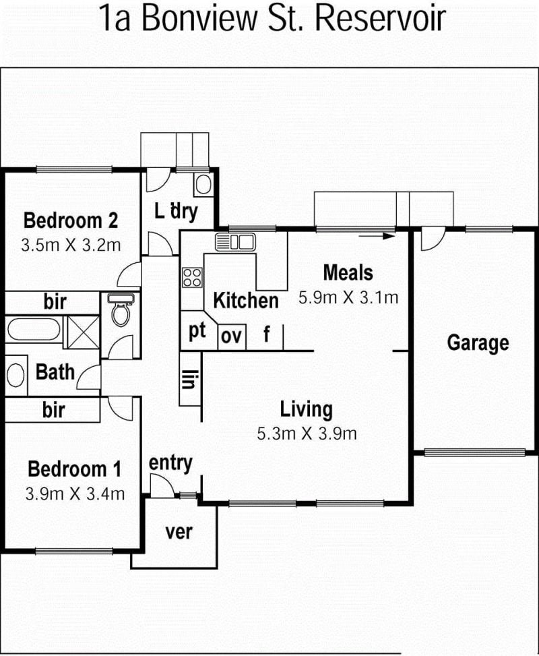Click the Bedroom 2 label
click(71, 220)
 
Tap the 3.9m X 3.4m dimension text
click(75, 494)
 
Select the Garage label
click(478, 343)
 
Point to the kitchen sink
click(235, 242)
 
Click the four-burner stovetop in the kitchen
click(192, 277)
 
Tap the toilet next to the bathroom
click(121, 309)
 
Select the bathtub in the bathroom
click(34, 330)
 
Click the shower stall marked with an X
click(84, 332)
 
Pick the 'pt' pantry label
click(197, 331)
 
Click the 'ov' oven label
click(232, 336)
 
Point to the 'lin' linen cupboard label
click(190, 379)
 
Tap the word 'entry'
click(170, 463)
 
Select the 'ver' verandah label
click(179, 532)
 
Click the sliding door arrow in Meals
click(377, 236)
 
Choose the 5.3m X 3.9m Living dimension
click(307, 434)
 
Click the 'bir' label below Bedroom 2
click(55, 301)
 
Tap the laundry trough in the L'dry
click(203, 185)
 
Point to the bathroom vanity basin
click(16, 375)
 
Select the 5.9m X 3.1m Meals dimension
click(348, 297)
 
